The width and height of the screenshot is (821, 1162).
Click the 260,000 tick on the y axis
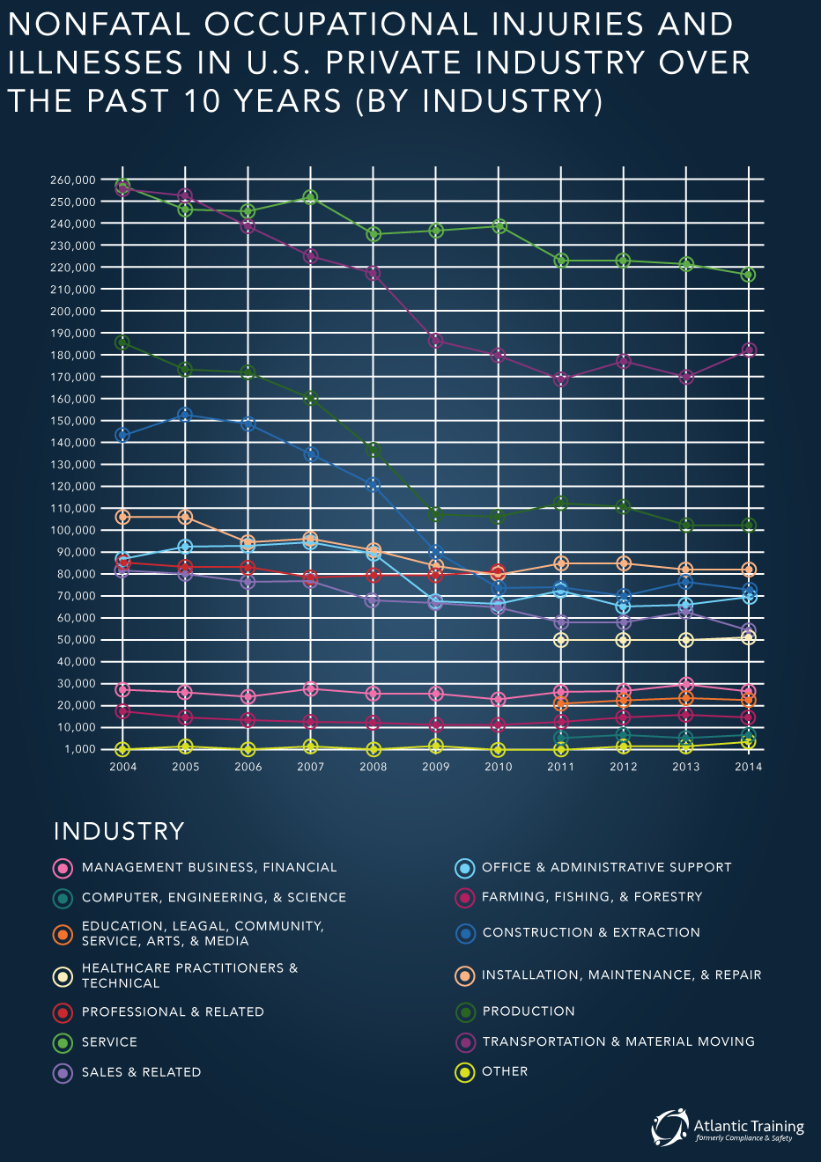pyautogui.click(x=72, y=180)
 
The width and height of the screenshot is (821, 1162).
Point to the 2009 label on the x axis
pyautogui.click(x=435, y=767)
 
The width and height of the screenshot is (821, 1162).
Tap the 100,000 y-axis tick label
pyautogui.click(x=72, y=531)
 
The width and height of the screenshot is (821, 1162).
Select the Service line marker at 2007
pyautogui.click(x=310, y=198)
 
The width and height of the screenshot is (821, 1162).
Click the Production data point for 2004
pyautogui.click(x=122, y=342)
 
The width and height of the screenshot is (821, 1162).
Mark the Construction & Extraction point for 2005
pyautogui.click(x=185, y=415)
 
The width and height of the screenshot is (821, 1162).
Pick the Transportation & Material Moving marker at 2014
pyautogui.click(x=749, y=350)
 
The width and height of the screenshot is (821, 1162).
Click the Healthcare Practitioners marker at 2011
pyautogui.click(x=560, y=640)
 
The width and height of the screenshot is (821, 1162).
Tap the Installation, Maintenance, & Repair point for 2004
pyautogui.click(x=122, y=517)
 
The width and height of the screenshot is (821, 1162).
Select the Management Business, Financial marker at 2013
pyautogui.click(x=686, y=685)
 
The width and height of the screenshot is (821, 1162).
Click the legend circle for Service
pyautogui.click(x=63, y=1043)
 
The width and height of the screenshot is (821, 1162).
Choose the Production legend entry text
pyautogui.click(x=529, y=1012)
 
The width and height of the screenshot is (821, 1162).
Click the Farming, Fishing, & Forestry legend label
pyautogui.click(x=592, y=897)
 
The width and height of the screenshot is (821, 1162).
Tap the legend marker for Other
pyautogui.click(x=464, y=1072)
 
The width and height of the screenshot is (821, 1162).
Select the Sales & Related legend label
pyautogui.click(x=141, y=1072)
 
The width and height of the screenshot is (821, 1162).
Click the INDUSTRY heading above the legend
pyautogui.click(x=119, y=831)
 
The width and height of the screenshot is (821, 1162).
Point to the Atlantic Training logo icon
pyautogui.click(x=669, y=1128)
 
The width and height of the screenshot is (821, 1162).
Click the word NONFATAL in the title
pyautogui.click(x=99, y=25)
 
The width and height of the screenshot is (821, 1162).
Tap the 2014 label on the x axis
pyautogui.click(x=749, y=767)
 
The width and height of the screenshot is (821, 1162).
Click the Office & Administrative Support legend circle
pyautogui.click(x=464, y=868)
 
